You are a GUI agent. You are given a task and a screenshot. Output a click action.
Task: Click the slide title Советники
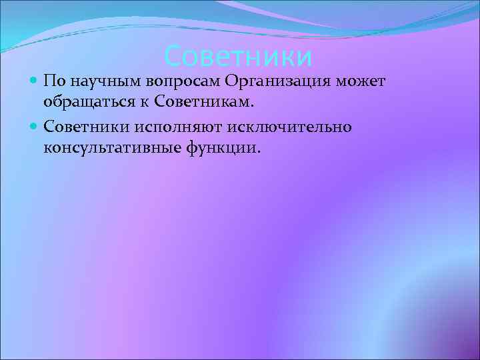coord(238,57)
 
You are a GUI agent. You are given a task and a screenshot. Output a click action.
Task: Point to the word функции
coord(220,147)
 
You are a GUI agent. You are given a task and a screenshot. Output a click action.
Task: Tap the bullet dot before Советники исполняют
coord(35,125)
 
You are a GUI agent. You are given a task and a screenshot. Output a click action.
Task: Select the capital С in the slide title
coord(172,57)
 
